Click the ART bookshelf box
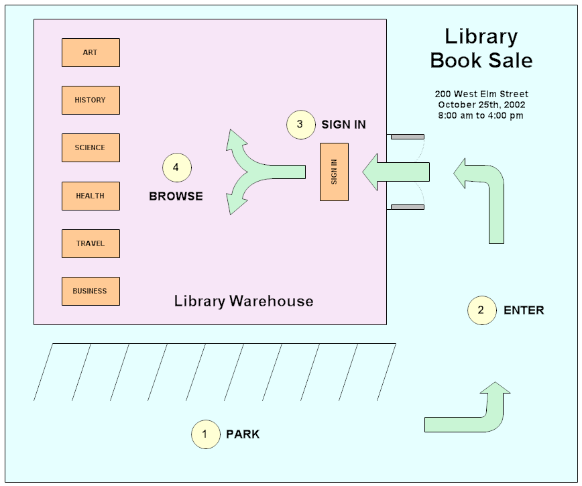(x=91, y=52)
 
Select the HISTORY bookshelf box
(x=91, y=100)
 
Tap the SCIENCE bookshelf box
(x=91, y=147)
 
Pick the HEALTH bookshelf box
(x=91, y=196)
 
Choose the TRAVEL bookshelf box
(x=91, y=243)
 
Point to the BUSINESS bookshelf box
(x=91, y=291)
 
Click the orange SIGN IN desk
(x=334, y=172)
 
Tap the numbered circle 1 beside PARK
(x=205, y=434)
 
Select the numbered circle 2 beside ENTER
(x=481, y=310)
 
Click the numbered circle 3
(x=300, y=125)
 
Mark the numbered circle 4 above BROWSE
(x=176, y=168)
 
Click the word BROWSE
(x=176, y=196)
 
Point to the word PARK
(x=243, y=434)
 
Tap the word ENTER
(x=524, y=310)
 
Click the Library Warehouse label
(x=243, y=301)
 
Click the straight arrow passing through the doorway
(x=396, y=172)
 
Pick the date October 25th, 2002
(x=481, y=105)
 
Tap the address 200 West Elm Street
(x=481, y=94)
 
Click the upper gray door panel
(x=407, y=137)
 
